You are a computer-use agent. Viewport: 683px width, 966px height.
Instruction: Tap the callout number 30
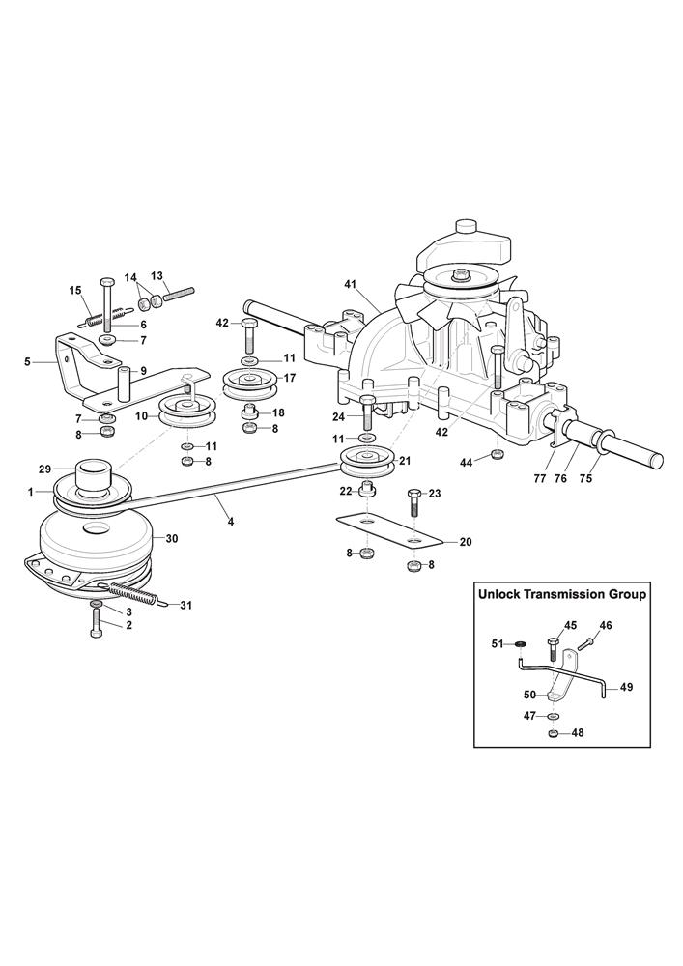[x=173, y=538]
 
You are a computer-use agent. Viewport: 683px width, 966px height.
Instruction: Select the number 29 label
[x=44, y=469]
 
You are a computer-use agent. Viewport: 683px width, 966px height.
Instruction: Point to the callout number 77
[x=540, y=476]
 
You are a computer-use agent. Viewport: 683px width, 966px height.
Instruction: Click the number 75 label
[x=583, y=476]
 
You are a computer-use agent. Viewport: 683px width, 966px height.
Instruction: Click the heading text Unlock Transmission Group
[x=562, y=595]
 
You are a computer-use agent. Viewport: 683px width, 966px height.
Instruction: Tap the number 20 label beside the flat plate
[x=465, y=542]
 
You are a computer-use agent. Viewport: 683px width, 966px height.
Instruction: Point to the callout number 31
[x=186, y=606]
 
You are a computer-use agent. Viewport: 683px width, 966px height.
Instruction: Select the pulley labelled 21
[x=365, y=462]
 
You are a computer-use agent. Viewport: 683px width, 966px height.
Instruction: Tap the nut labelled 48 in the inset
[x=552, y=734]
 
